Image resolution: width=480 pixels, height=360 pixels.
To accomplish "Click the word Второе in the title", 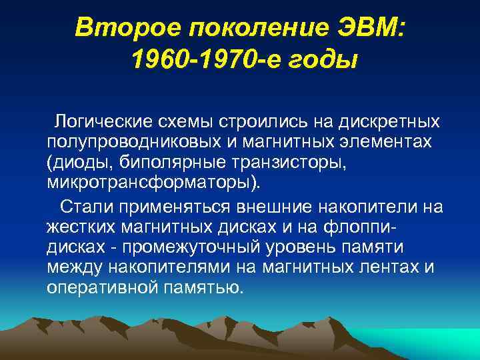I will click(x=116, y=28).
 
